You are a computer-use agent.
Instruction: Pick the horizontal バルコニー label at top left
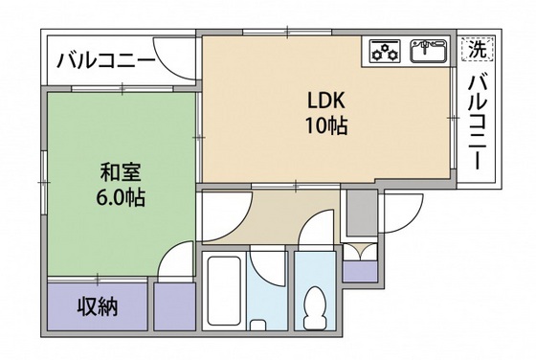point(107,61)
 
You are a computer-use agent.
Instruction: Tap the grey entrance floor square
point(361,212)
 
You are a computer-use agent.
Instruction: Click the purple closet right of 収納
point(173,307)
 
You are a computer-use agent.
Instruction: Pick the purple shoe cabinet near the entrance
point(360,270)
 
